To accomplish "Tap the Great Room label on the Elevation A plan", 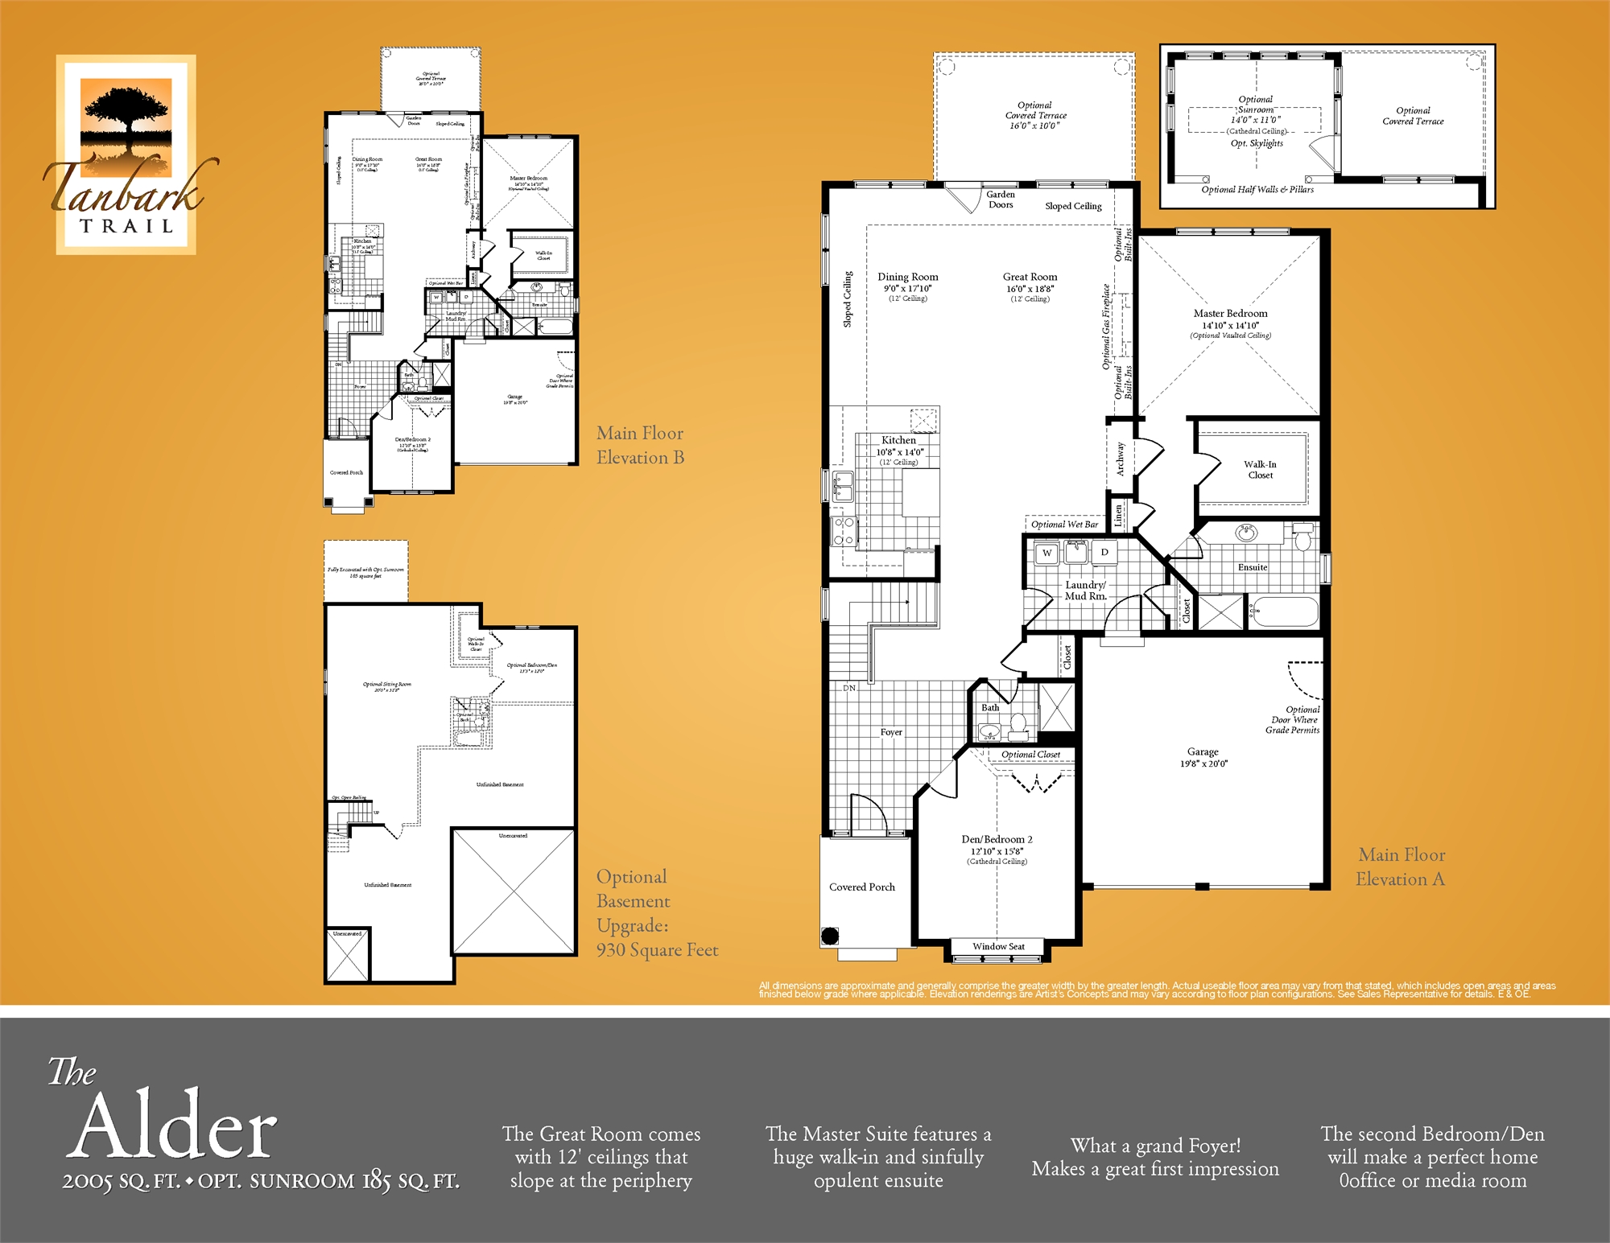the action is click(1030, 278).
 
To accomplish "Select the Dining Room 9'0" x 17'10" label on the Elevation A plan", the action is click(907, 282).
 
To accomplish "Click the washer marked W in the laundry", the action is click(1046, 554).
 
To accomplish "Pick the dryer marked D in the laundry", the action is click(1104, 553).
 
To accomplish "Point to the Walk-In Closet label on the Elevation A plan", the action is click(1260, 470).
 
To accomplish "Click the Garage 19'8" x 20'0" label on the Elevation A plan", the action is click(1203, 757).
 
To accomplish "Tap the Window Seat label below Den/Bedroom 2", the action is click(998, 947).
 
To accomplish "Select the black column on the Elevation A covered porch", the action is click(830, 936).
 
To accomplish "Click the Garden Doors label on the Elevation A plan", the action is click(1001, 200).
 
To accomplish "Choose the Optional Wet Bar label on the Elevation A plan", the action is click(1064, 525).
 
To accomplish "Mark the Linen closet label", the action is click(1118, 516).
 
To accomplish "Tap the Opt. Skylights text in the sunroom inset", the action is click(1257, 143).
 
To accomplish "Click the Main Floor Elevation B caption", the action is click(640, 445).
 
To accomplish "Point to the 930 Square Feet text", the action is click(657, 950).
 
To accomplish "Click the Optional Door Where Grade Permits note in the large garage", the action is click(1293, 720).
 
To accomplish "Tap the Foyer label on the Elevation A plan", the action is click(890, 732).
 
